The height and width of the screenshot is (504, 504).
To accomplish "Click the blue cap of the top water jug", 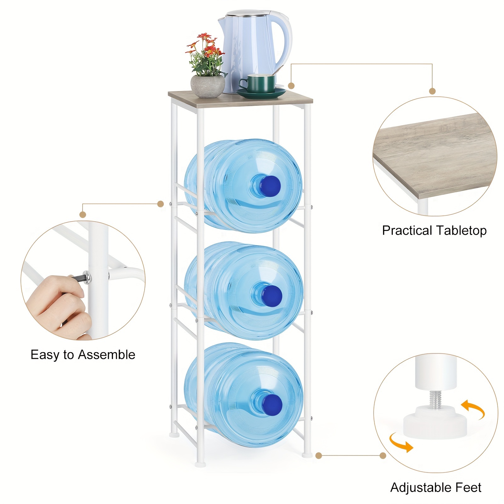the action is click(270, 185).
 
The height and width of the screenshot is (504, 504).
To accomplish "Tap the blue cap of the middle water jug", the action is click(271, 295).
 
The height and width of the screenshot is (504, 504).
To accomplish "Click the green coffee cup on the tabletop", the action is click(258, 83).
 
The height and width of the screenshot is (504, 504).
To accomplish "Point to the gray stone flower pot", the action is click(208, 86).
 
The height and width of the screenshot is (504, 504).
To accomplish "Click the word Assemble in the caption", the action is click(106, 355).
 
